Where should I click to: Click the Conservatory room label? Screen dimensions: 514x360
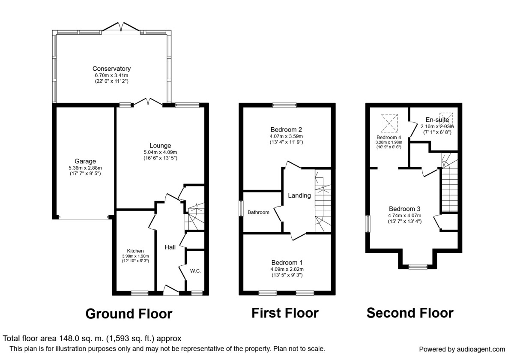(x=111, y=69)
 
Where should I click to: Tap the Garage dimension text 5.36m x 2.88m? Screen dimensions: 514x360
(x=85, y=168)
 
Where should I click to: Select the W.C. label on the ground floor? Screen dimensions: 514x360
(x=195, y=271)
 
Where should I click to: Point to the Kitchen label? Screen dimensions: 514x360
(x=135, y=251)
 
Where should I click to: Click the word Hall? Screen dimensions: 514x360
(x=170, y=247)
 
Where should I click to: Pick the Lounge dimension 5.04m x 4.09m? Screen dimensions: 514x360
(x=160, y=152)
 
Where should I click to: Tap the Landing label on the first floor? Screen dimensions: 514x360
(x=299, y=195)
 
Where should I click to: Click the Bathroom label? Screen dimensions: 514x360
(x=258, y=213)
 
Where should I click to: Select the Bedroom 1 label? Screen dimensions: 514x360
(x=287, y=262)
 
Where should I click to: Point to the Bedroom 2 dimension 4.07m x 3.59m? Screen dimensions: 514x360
(x=287, y=136)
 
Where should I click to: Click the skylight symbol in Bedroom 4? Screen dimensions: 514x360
(x=389, y=123)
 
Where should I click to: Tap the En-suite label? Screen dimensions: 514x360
(x=437, y=120)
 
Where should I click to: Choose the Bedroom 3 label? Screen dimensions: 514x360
(x=404, y=209)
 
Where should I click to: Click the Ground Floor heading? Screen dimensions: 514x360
(x=129, y=314)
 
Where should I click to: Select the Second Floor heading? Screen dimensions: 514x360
(x=410, y=313)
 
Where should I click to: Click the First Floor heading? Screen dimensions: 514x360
(x=285, y=313)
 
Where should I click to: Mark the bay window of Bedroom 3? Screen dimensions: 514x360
(x=418, y=267)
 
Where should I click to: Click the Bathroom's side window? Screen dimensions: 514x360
(x=241, y=208)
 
